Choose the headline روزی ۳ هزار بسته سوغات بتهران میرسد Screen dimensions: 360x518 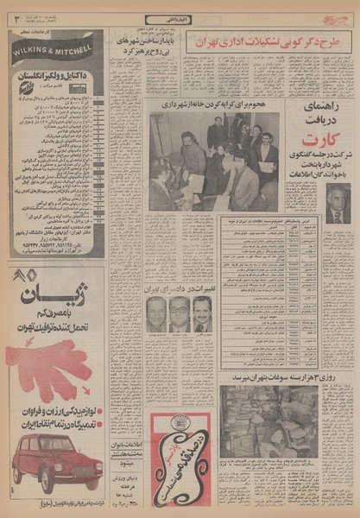282,376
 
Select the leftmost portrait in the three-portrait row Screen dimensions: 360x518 156,315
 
